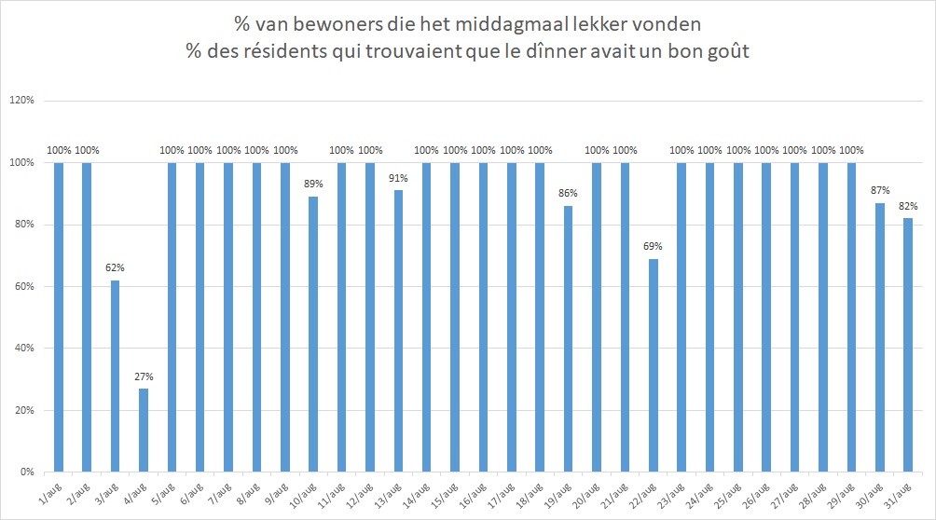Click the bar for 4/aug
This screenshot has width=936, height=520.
tap(144, 430)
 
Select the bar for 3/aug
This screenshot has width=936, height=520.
tap(116, 376)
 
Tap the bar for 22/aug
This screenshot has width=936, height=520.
tap(654, 365)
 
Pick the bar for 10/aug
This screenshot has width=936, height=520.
tap(313, 335)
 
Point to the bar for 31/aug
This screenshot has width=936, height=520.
tap(908, 345)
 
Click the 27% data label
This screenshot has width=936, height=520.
tap(144, 376)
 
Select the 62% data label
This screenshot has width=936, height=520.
tap(116, 268)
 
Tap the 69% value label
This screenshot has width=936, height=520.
tap(653, 246)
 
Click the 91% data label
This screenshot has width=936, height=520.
tap(398, 178)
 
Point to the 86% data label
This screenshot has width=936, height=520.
tap(569, 193)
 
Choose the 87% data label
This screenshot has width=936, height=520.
tap(880, 190)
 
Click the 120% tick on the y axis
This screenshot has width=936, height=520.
tap(22, 101)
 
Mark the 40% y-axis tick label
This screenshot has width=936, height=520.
tap(24, 348)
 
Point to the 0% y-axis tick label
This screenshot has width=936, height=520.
tap(27, 472)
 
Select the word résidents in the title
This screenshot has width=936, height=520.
tap(282, 51)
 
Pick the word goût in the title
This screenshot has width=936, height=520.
tap(728, 52)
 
